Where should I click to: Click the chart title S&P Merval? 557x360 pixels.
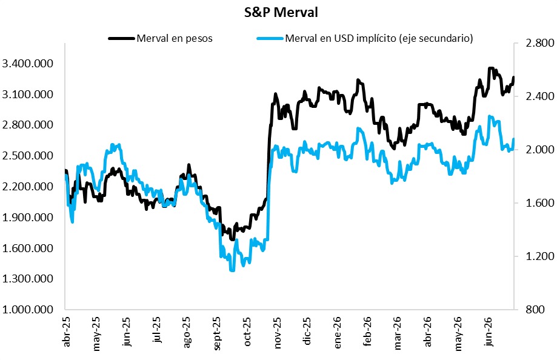281,13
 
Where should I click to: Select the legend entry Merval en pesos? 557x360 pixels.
175,38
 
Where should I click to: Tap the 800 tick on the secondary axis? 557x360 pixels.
535,310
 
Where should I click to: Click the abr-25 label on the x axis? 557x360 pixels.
67,332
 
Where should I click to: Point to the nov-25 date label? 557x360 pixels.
278,332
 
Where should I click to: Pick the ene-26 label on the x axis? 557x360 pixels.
338,332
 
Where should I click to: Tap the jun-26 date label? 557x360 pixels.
489,332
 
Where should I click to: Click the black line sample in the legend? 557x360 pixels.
121,38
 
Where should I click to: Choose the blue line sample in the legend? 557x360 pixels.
270,38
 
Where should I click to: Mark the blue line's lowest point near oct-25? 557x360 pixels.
232,270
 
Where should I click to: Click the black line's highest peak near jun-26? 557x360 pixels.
491,68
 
